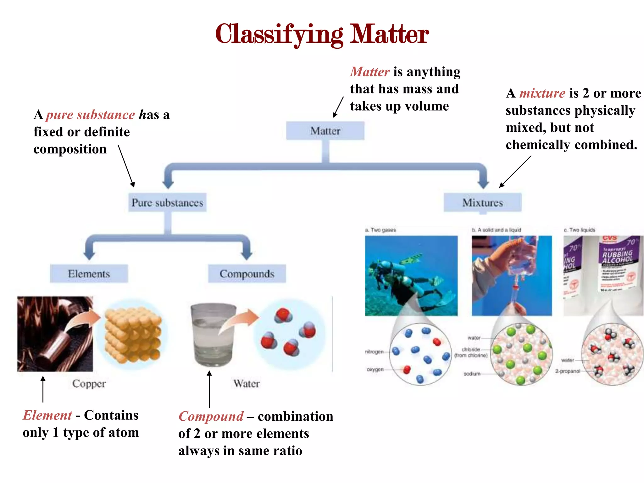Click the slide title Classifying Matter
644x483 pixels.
(322, 34)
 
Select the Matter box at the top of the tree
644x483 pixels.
(325, 131)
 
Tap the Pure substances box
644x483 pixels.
(167, 203)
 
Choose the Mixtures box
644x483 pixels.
(482, 203)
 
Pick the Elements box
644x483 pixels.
(89, 274)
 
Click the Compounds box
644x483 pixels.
(247, 274)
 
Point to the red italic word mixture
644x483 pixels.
(542, 93)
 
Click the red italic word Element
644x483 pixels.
(47, 415)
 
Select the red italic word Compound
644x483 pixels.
(211, 416)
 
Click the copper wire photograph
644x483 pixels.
(55, 334)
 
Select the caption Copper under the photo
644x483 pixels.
(89, 384)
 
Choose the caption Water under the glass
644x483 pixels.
(247, 384)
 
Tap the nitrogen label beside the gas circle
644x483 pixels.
(374, 352)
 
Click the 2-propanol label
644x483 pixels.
(568, 371)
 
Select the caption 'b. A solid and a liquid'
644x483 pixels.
(497, 230)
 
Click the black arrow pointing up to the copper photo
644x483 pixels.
(43, 389)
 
